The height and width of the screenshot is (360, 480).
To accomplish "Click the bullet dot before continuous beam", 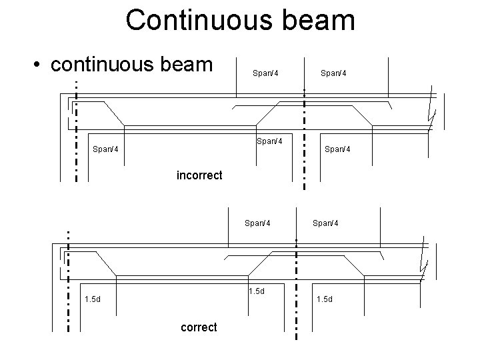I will (40, 65).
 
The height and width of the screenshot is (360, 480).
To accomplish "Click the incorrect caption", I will (199, 176).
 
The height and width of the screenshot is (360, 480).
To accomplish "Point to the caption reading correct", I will (199, 327).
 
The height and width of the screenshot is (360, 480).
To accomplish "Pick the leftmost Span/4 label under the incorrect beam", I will (105, 149).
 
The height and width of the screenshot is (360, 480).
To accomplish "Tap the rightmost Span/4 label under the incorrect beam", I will (337, 149).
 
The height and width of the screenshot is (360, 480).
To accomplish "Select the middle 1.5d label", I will (257, 291).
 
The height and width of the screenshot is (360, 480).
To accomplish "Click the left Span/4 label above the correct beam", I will (257, 223).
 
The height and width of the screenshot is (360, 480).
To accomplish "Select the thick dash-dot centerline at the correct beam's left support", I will (68, 280).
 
